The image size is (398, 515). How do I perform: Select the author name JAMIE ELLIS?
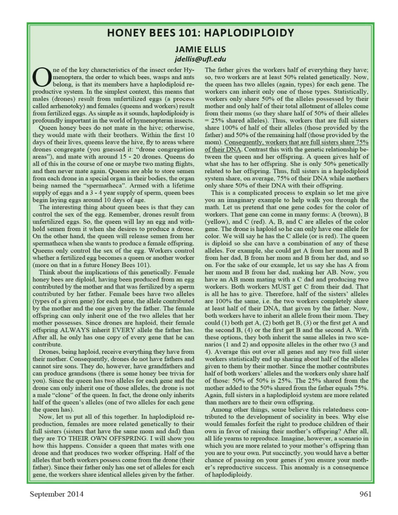tap(200, 49)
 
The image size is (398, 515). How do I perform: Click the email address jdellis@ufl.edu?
tap(200, 59)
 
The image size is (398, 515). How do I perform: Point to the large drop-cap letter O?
tap(41, 78)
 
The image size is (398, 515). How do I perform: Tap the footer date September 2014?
tap(56, 494)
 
